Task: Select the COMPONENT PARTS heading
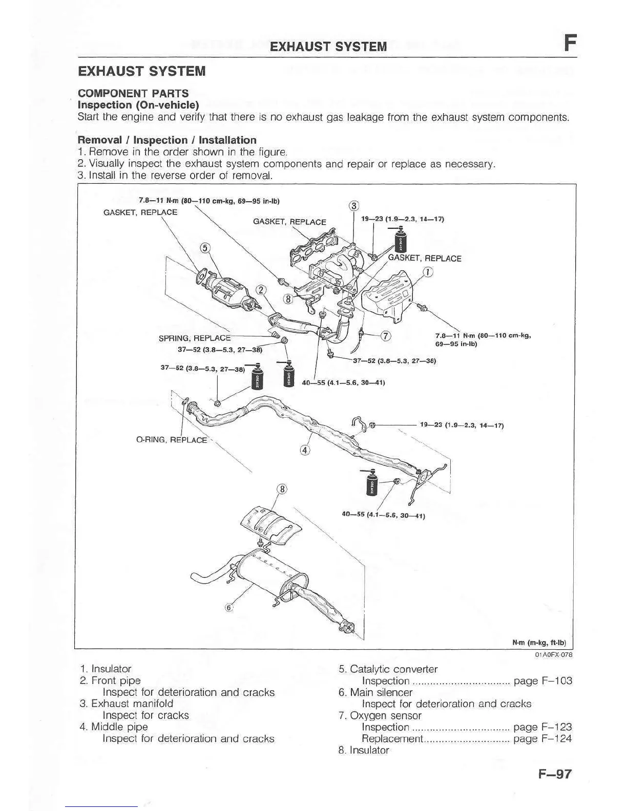(133, 93)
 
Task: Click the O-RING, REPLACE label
(172, 440)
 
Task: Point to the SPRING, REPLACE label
(195, 338)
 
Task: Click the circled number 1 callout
(428, 272)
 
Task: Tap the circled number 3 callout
(353, 206)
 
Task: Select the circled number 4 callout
(305, 451)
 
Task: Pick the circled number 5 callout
(205, 248)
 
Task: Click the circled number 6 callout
(229, 608)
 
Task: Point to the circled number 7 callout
(386, 336)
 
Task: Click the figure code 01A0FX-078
(554, 655)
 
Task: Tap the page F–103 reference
(542, 681)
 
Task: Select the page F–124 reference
(542, 739)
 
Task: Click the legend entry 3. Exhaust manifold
(127, 703)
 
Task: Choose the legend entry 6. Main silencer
(375, 693)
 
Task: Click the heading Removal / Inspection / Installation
(167, 140)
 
